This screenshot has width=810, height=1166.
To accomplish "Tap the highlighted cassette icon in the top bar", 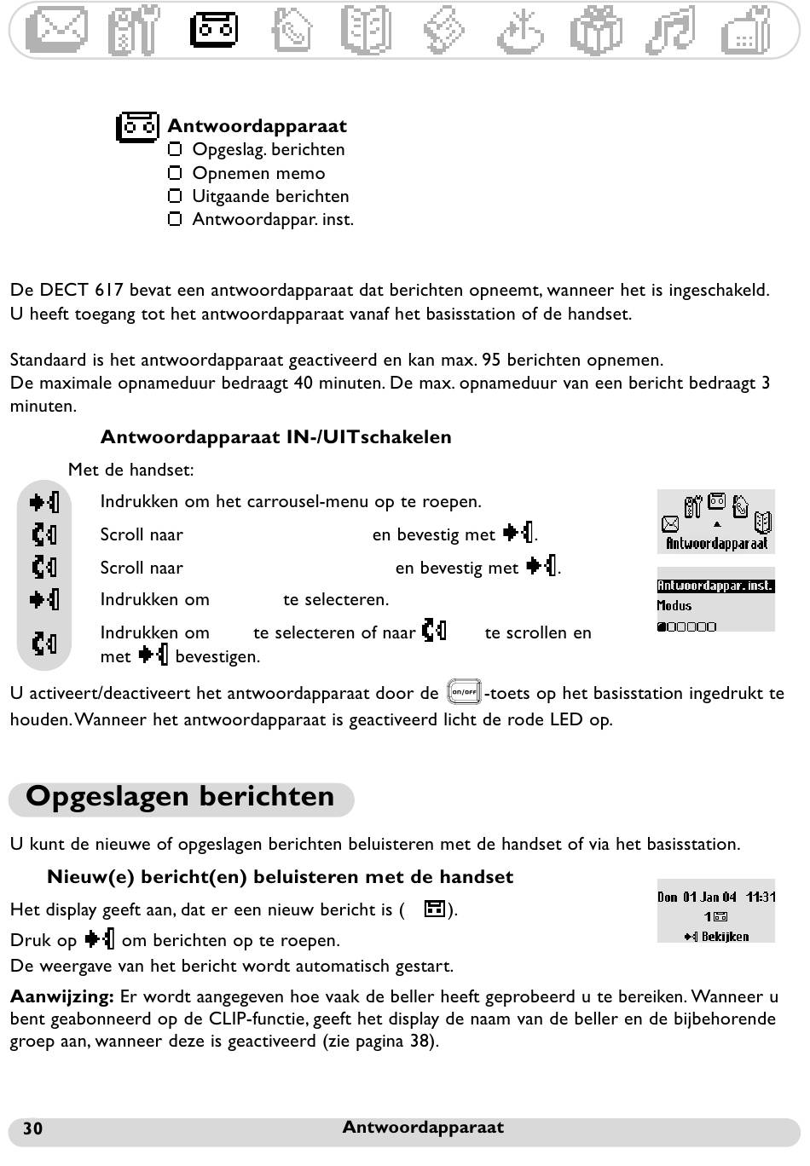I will (x=213, y=30).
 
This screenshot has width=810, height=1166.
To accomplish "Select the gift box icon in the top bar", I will (x=598, y=30).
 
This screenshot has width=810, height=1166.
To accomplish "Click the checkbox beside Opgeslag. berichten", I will (x=175, y=149).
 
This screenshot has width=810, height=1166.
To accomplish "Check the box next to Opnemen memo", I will (x=175, y=173).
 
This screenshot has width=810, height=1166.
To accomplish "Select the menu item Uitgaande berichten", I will (x=270, y=196).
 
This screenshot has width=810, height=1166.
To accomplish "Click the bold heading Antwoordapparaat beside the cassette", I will (x=257, y=126).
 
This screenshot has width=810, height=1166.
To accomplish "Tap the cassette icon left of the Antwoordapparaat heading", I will (x=137, y=127).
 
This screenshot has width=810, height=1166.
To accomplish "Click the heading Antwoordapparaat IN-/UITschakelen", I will (x=275, y=437).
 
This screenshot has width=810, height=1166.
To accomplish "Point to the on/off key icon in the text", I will (x=465, y=692).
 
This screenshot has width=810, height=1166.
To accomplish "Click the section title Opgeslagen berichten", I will (x=180, y=797).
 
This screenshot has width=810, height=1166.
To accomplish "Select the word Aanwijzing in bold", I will (x=61, y=996).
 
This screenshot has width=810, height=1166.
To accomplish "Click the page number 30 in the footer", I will (x=32, y=1128).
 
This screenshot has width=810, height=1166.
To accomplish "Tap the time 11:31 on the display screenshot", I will (x=761, y=897).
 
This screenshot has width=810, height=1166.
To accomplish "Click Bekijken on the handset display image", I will (x=725, y=937).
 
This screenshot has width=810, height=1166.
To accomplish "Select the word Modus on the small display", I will (x=674, y=606).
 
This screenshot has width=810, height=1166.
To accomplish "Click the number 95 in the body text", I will (x=491, y=360).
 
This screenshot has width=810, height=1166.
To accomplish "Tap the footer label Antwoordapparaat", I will (x=423, y=1128).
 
